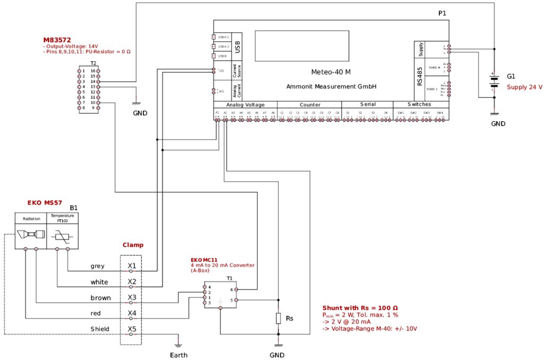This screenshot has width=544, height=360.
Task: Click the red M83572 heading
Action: pos(57,40)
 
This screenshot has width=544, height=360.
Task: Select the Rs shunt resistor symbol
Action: pos(278,318)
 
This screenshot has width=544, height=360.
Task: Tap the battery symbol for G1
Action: pos(495,81)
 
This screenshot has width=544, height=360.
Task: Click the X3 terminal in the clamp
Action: pos(132,297)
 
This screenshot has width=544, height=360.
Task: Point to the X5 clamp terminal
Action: pos(132,329)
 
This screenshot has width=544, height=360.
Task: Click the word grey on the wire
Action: pos(98,266)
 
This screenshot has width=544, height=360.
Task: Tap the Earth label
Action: pos(179,355)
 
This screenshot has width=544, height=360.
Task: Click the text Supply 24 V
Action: pos(524,87)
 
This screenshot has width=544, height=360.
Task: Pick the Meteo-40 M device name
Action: pos(331,72)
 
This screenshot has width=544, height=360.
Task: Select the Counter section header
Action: pos(310,105)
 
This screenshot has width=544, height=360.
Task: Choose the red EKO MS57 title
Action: pos(45,203)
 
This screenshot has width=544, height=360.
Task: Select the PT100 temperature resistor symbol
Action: pos(63,235)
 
